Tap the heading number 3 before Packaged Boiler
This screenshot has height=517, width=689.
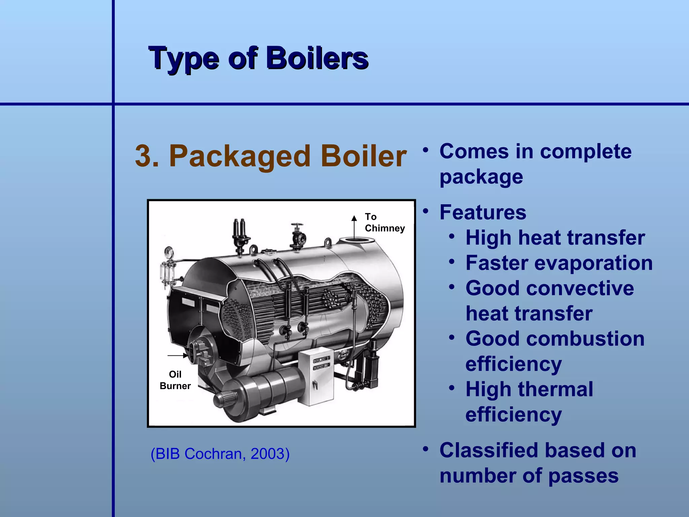click(146, 156)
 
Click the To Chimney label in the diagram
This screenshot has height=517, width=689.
click(384, 222)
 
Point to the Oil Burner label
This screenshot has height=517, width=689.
click(175, 380)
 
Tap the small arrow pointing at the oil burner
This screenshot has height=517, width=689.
click(178, 355)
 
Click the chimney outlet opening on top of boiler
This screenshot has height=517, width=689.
click(356, 240)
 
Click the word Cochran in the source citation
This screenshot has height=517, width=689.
click(213, 454)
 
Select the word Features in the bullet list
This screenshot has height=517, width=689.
click(483, 212)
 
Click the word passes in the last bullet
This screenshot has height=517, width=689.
click(583, 476)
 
